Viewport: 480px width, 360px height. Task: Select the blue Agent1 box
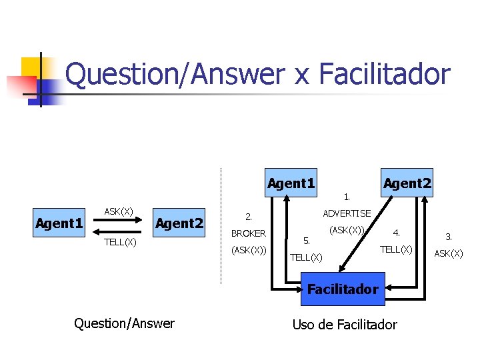(x=291, y=183)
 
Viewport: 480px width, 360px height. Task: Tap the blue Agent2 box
(x=407, y=183)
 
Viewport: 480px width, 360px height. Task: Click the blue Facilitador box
(x=343, y=289)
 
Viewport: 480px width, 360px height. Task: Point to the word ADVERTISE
(x=347, y=213)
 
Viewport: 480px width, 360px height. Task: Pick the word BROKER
(x=248, y=233)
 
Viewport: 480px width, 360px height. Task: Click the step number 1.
(x=346, y=197)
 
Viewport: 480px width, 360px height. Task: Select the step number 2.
(x=248, y=216)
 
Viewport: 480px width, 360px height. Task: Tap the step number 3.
(x=449, y=236)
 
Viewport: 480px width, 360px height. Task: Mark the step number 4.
(x=396, y=233)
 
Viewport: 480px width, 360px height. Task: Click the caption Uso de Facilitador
(x=345, y=325)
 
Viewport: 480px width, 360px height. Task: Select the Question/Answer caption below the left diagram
(x=125, y=323)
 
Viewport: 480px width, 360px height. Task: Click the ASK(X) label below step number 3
(x=449, y=253)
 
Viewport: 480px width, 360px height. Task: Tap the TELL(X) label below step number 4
(x=396, y=249)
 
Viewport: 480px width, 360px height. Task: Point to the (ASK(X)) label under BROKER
(x=249, y=251)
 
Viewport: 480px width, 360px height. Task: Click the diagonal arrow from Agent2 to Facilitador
(x=363, y=233)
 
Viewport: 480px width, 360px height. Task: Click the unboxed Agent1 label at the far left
(x=59, y=223)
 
